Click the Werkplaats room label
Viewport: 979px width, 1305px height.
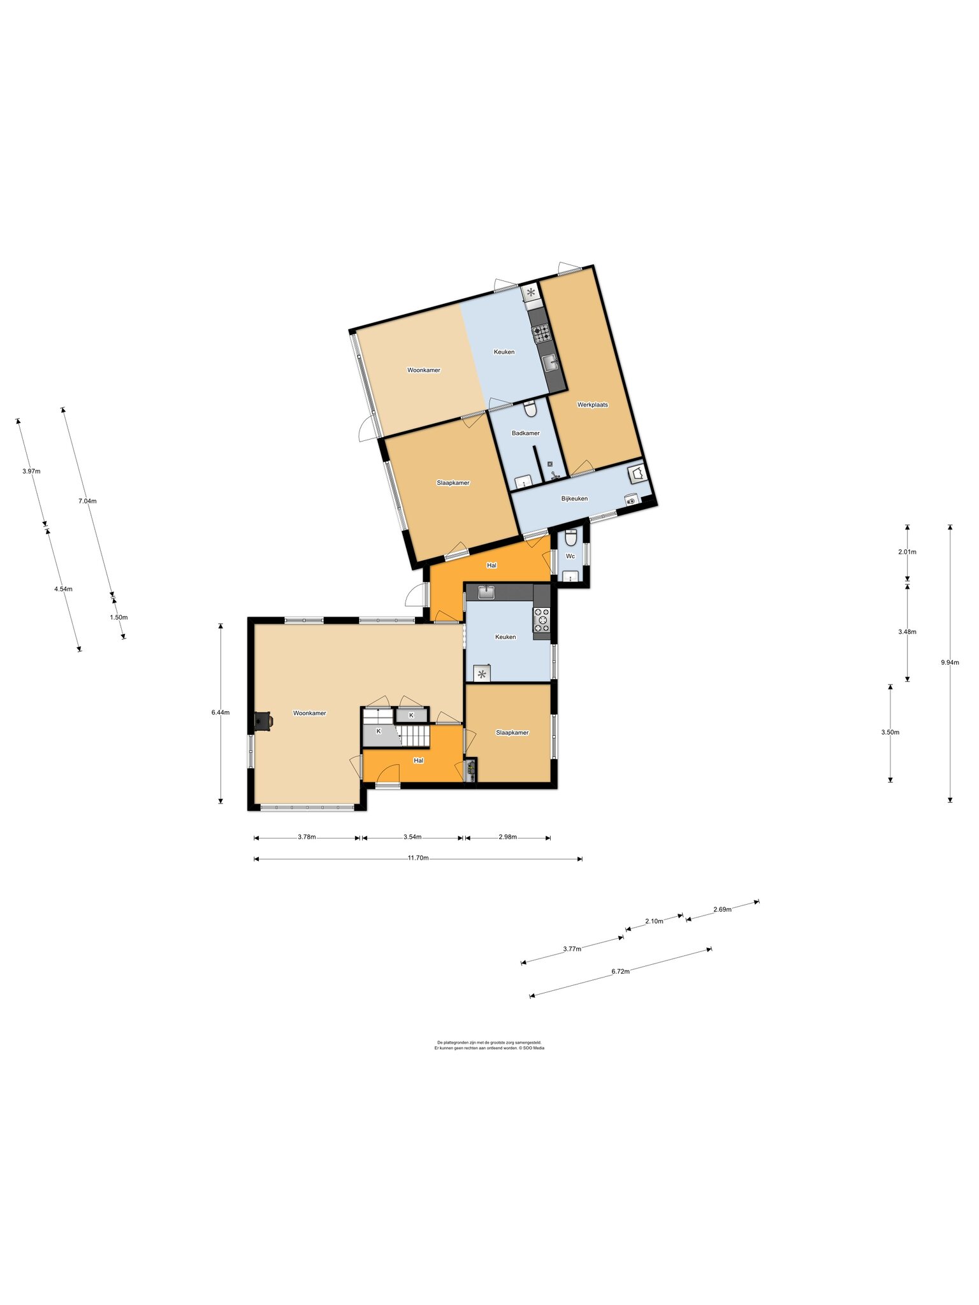tap(592, 405)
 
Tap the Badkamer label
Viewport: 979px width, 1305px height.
tap(526, 433)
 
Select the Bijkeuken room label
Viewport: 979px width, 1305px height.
tap(574, 498)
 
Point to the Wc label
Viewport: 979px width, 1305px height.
tap(570, 556)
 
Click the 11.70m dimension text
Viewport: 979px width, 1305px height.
tap(418, 858)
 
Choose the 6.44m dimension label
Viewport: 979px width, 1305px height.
tap(221, 712)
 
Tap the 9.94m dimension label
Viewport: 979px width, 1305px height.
tap(950, 662)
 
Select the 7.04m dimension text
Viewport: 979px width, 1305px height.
tap(87, 501)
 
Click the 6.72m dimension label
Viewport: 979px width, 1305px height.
tap(620, 972)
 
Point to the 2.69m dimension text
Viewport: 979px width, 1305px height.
tap(722, 909)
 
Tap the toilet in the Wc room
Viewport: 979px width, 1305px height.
tap(570, 538)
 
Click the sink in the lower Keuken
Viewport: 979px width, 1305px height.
tap(488, 592)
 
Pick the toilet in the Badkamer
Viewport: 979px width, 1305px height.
tap(530, 408)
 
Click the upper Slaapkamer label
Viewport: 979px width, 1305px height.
tap(453, 483)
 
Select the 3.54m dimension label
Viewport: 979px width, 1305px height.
tap(412, 837)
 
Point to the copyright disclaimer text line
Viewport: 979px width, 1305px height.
tap(489, 1048)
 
